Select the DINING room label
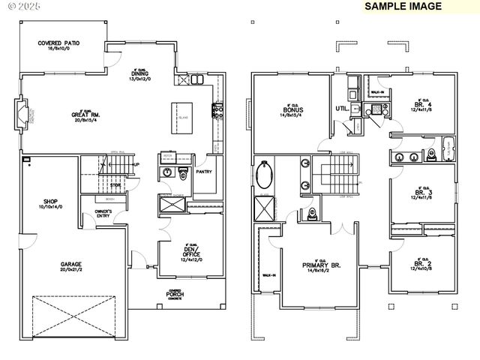click(140, 73)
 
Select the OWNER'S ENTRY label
click(103, 214)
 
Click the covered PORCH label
click(175, 294)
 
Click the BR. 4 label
click(421, 104)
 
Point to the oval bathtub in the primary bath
click(264, 177)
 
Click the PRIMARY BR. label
click(322, 264)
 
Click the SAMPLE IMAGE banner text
click(403, 6)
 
